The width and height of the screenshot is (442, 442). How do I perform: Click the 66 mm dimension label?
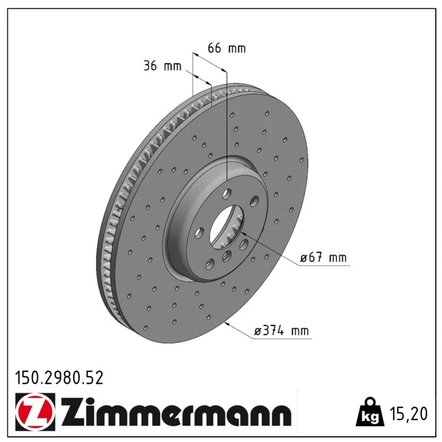click(227, 48)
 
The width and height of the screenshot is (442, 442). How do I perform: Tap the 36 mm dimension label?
click(162, 66)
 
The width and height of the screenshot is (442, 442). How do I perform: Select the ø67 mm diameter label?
click(323, 257)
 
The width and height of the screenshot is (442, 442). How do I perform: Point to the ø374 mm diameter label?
click(282, 330)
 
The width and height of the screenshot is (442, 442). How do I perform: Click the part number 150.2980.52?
click(59, 378)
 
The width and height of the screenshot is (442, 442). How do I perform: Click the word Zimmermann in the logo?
click(176, 412)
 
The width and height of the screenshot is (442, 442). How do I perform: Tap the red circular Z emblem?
click(35, 412)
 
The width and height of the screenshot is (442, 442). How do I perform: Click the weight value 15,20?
click(409, 414)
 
